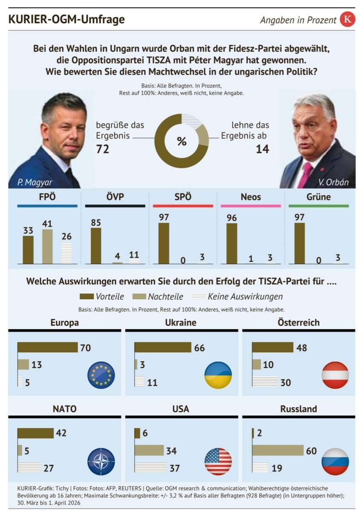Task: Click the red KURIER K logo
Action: (347, 20)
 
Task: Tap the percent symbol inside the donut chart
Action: (181, 141)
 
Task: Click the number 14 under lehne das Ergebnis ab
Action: (262, 149)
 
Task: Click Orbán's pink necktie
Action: (305, 175)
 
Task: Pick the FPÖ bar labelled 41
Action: (48, 246)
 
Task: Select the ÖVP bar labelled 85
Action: (96, 246)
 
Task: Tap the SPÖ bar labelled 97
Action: (164, 243)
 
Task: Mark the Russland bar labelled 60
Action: (278, 450)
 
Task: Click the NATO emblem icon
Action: (101, 461)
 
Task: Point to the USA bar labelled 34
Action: (149, 450)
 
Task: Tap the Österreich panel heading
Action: (298, 323)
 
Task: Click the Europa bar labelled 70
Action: (47, 347)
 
